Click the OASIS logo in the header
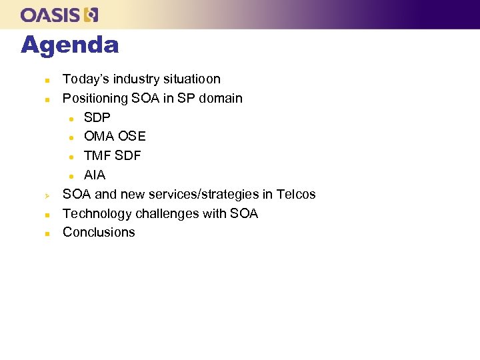(59, 15)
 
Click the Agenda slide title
(69, 45)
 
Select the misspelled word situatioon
(193, 79)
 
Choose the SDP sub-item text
(97, 117)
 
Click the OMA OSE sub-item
(115, 137)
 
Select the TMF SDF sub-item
(112, 156)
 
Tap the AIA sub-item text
(95, 175)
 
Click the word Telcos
(296, 195)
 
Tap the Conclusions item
(99, 233)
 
